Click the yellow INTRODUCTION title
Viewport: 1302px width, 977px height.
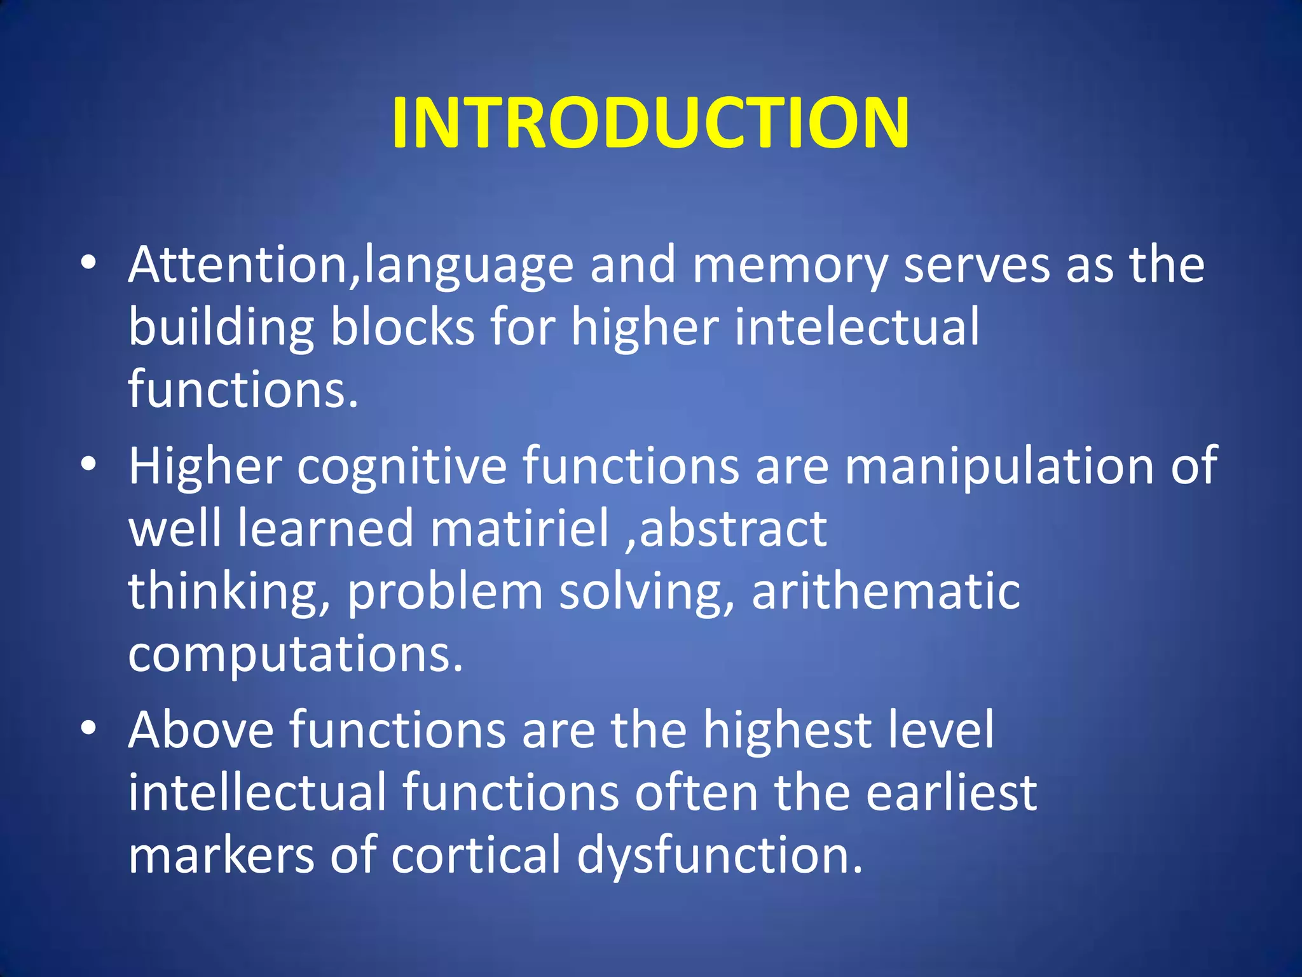point(650,122)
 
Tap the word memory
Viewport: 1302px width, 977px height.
point(790,266)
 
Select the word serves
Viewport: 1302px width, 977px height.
point(976,266)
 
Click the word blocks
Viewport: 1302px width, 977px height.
point(402,327)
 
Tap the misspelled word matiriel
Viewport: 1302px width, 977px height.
point(519,529)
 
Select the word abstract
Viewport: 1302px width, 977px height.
point(734,529)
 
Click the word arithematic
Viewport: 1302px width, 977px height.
point(886,592)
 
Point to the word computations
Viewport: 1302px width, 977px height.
point(296,655)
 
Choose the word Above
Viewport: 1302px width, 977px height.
point(201,730)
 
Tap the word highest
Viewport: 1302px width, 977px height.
point(786,730)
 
